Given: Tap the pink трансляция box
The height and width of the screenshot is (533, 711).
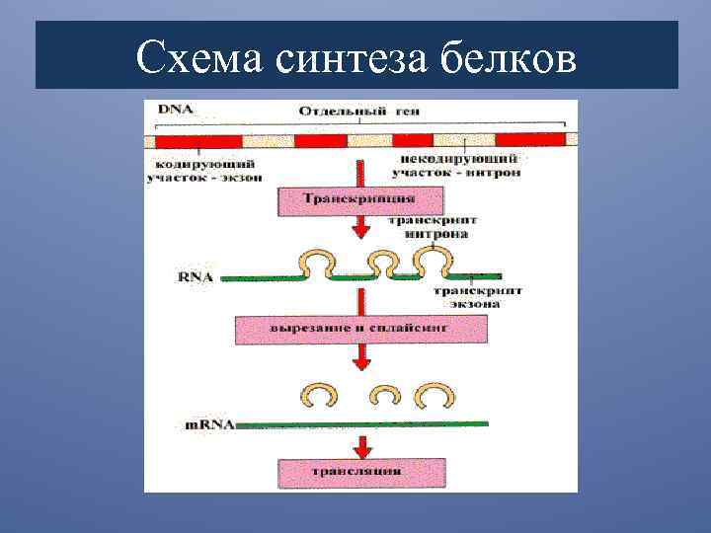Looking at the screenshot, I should pyautogui.click(x=357, y=472).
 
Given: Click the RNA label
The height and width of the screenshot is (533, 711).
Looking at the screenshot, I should pyautogui.click(x=196, y=278).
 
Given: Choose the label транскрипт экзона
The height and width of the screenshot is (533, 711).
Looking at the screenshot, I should pyautogui.click(x=477, y=297).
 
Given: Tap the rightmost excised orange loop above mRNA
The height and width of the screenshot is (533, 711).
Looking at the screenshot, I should pyautogui.click(x=434, y=396).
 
